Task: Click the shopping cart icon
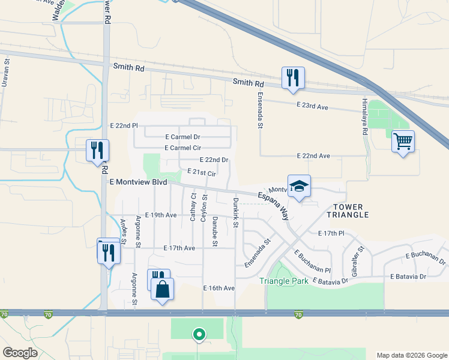(x=403, y=142)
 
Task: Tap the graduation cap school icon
(x=299, y=186)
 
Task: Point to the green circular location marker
(x=197, y=334)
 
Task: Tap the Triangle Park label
(x=283, y=281)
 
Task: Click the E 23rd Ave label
(x=313, y=106)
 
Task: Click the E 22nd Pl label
(x=124, y=126)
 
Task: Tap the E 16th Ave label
(x=219, y=289)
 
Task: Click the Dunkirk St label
(x=236, y=213)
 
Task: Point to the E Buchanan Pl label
(x=312, y=263)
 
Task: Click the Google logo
(x=21, y=353)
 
